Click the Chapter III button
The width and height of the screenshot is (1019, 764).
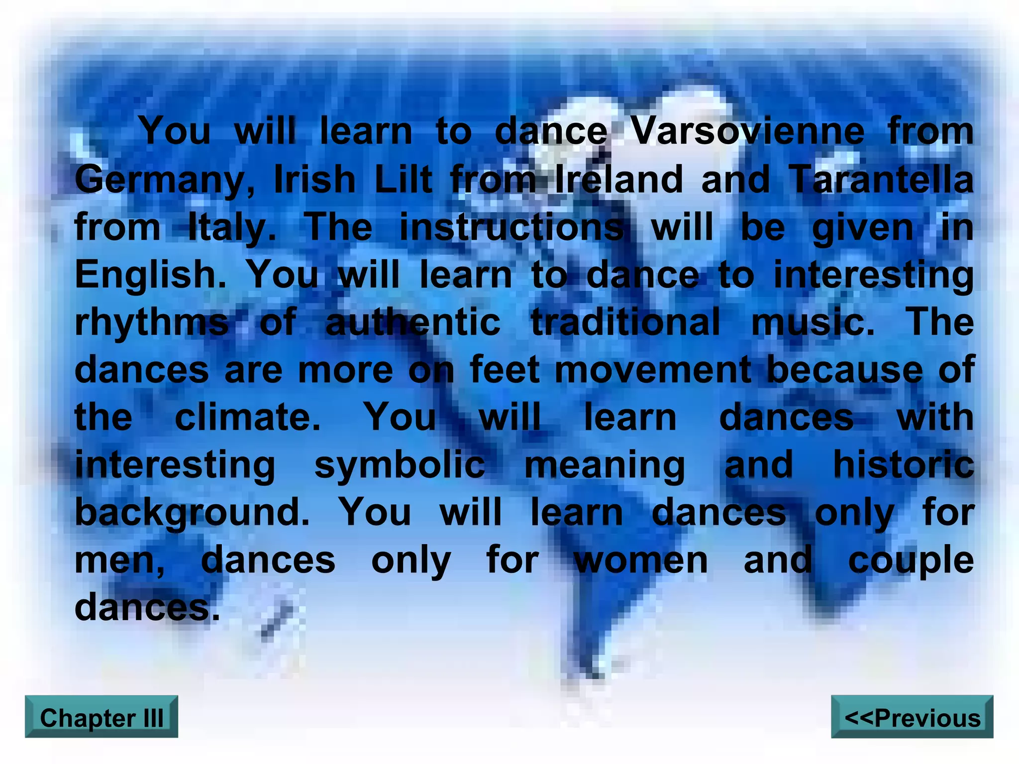(102, 717)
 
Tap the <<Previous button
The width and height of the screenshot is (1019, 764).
(912, 717)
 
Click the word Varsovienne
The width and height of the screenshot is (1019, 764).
(748, 131)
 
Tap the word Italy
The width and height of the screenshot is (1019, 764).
(232, 228)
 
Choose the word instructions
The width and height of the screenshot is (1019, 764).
(511, 227)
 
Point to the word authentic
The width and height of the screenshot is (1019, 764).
(412, 322)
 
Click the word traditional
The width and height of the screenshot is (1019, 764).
(625, 322)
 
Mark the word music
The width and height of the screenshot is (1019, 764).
(813, 322)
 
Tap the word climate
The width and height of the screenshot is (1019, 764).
(248, 417)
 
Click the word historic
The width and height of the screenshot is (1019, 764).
(903, 465)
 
